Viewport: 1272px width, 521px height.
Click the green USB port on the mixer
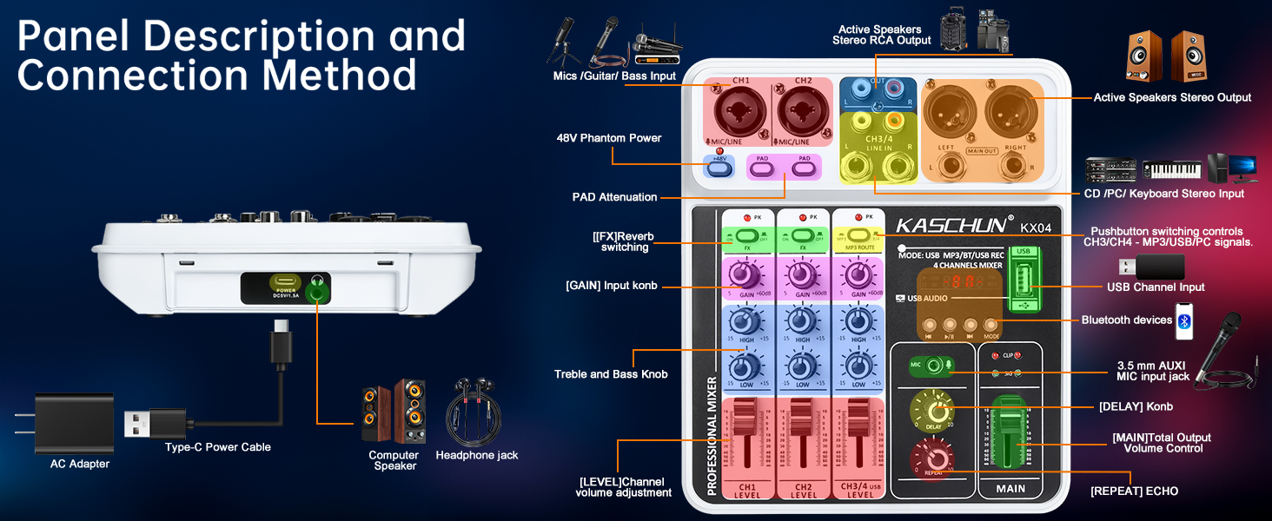pos(1023,285)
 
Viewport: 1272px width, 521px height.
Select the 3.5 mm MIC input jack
pos(934,366)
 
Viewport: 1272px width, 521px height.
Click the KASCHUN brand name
pos(951,226)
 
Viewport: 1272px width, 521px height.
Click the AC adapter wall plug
pos(74,424)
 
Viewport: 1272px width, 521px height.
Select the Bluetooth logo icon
pos(1185,320)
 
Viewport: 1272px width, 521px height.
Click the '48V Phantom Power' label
pos(608,138)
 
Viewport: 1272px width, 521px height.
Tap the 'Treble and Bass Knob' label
pos(611,374)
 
